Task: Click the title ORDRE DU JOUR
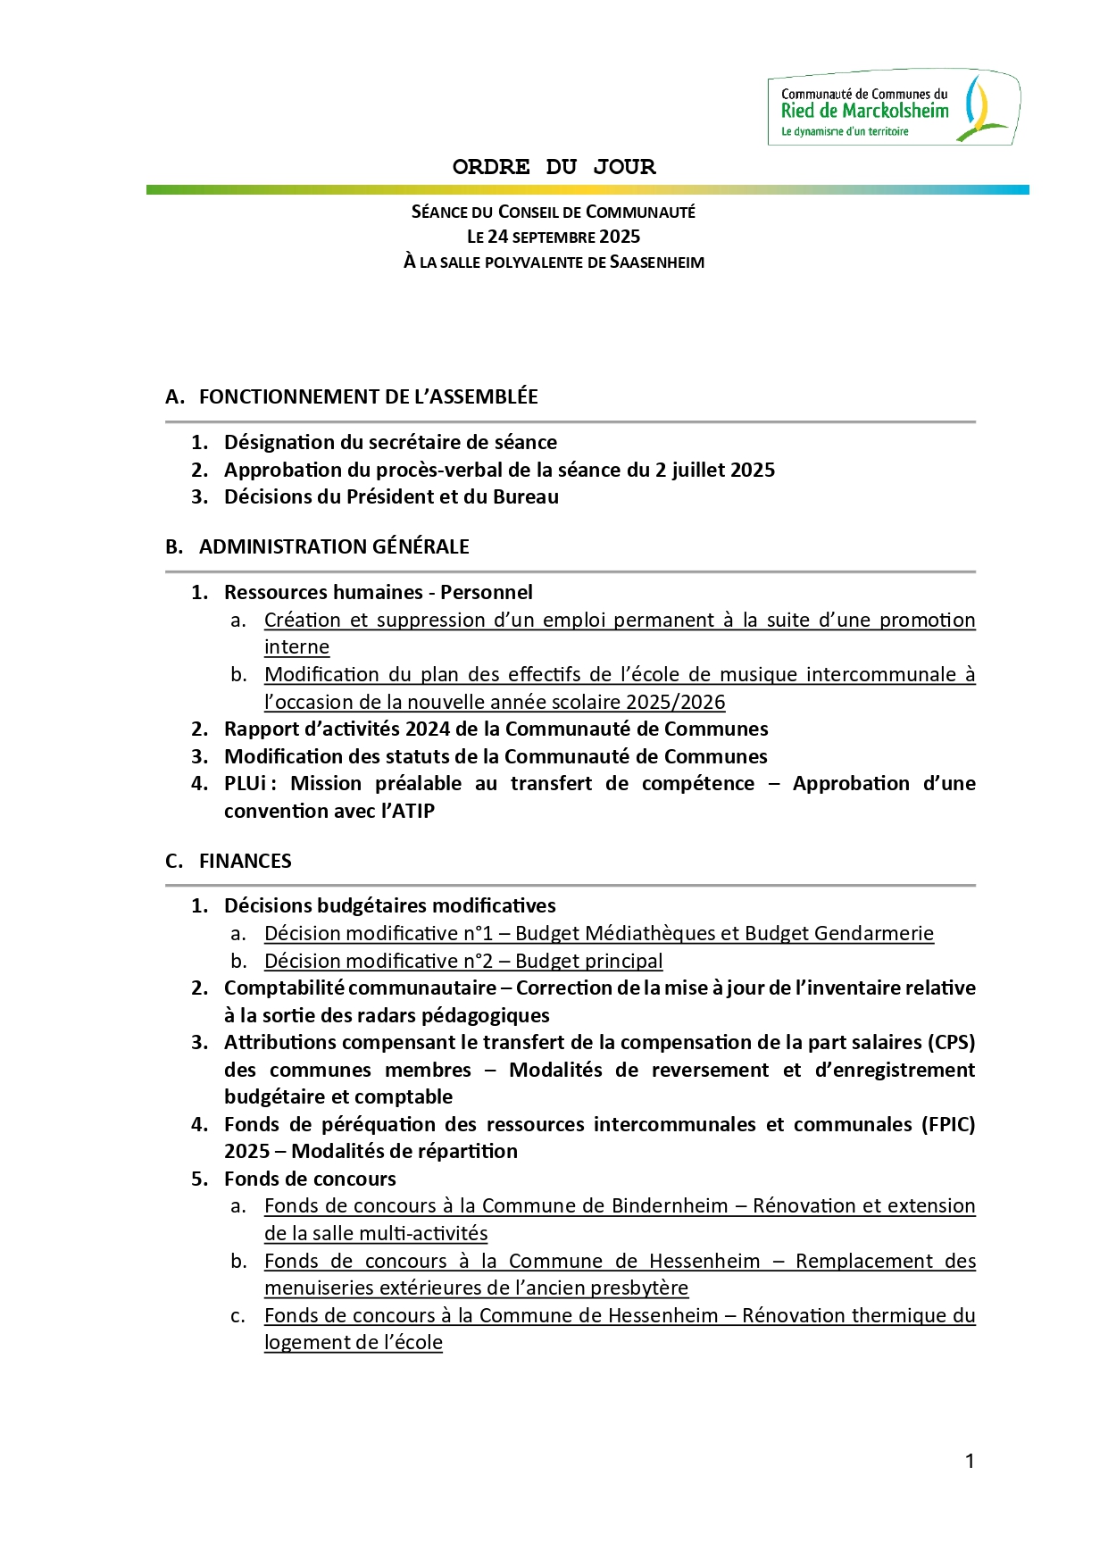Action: pos(554,167)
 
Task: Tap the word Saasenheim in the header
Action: pos(657,263)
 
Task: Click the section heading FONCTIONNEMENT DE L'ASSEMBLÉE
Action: pos(368,396)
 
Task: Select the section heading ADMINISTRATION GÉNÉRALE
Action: pos(334,546)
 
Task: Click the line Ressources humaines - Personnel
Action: pos(378,592)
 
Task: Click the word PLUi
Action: pos(246,783)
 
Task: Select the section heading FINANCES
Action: pos(245,861)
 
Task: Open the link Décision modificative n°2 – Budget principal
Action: pos(463,961)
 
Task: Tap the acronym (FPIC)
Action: pos(947,1124)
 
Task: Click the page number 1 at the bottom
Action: pos(970,1462)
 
